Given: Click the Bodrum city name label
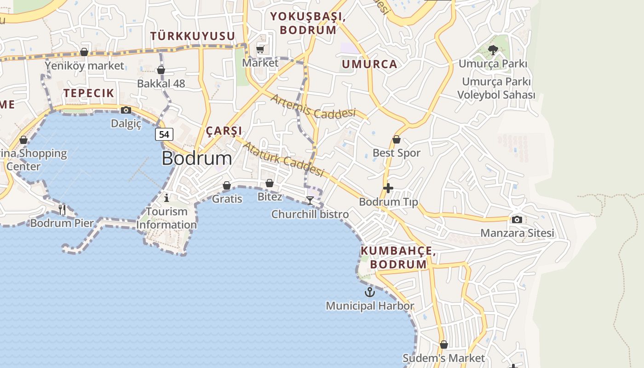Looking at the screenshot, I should click(197, 158).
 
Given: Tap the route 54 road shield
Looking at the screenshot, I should click(164, 134).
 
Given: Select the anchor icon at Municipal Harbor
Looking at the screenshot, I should click(370, 292).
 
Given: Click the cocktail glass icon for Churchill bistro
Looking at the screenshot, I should click(310, 200).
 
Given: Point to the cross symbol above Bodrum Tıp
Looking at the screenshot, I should click(388, 188).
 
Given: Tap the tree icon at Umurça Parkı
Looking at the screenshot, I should click(493, 50).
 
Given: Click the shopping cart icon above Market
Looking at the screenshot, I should click(260, 49).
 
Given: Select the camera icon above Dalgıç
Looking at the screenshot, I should click(126, 110).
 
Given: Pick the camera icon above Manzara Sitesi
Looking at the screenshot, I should click(517, 219).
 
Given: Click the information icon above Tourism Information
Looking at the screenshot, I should click(167, 198).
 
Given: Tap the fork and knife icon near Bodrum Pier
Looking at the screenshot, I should click(62, 210).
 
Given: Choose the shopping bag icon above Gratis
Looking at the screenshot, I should click(227, 185).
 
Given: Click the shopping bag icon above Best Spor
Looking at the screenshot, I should click(397, 139).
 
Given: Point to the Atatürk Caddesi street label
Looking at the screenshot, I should click(283, 159).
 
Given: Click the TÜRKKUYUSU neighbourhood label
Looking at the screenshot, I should click(193, 36).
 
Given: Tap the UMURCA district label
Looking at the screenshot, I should click(369, 64).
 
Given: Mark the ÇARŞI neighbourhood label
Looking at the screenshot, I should click(224, 131).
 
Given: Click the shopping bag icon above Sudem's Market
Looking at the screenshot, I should click(443, 345).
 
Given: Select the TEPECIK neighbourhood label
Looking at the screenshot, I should click(89, 93).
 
